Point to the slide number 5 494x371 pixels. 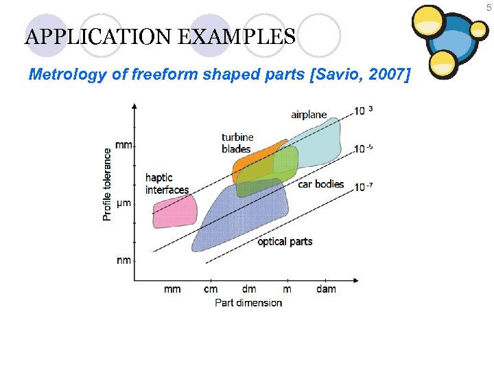(x=489, y=6)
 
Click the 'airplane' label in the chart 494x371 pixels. (x=309, y=115)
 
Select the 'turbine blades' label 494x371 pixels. (x=237, y=143)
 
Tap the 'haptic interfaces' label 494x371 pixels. (x=167, y=183)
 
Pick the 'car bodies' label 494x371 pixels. (x=321, y=184)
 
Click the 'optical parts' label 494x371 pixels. (x=285, y=241)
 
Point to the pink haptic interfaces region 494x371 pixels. (x=174, y=210)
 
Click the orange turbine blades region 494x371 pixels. (x=254, y=159)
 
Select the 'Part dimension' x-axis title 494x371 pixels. (x=248, y=302)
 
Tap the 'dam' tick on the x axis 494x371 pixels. (x=327, y=289)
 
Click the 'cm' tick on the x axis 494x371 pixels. (x=211, y=289)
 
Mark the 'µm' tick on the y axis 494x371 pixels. (x=123, y=203)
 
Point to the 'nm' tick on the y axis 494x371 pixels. (x=123, y=260)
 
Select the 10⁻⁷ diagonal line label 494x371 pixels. (x=364, y=186)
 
